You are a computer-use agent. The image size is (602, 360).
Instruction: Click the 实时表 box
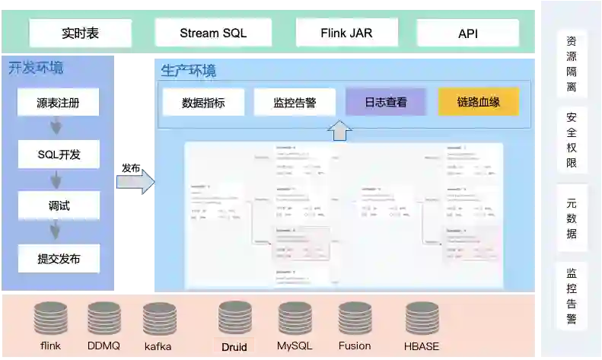pyautogui.click(x=80, y=33)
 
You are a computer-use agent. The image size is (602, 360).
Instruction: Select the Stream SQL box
pyautogui.click(x=213, y=33)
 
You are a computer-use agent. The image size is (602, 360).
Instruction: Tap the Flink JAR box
pyautogui.click(x=346, y=33)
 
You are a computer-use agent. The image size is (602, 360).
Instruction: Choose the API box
pyautogui.click(x=467, y=33)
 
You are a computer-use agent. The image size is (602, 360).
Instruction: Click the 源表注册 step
pyautogui.click(x=59, y=102)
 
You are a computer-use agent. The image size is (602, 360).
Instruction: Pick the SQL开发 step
pyautogui.click(x=59, y=155)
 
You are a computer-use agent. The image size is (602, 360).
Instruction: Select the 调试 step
pyautogui.click(x=59, y=205)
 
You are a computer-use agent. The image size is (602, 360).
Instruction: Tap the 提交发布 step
pyautogui.click(x=59, y=258)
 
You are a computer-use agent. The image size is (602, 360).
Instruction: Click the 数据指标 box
pyautogui.click(x=203, y=103)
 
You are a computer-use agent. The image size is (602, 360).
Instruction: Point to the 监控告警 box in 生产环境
pyautogui.click(x=295, y=103)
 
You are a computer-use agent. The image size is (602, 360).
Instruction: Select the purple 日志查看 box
pyautogui.click(x=385, y=102)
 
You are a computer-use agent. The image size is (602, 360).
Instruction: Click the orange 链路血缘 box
pyautogui.click(x=478, y=102)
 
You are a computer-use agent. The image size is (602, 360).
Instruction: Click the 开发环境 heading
pyautogui.click(x=36, y=68)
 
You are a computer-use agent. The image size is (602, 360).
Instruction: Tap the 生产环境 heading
pyautogui.click(x=188, y=71)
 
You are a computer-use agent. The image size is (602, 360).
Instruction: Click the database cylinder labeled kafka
pyautogui.click(x=159, y=319)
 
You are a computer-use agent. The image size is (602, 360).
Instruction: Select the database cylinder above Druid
pyautogui.click(x=234, y=318)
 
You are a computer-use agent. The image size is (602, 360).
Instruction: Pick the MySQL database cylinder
pyautogui.click(x=295, y=318)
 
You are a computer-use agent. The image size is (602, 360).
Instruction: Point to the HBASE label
pyautogui.click(x=422, y=346)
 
